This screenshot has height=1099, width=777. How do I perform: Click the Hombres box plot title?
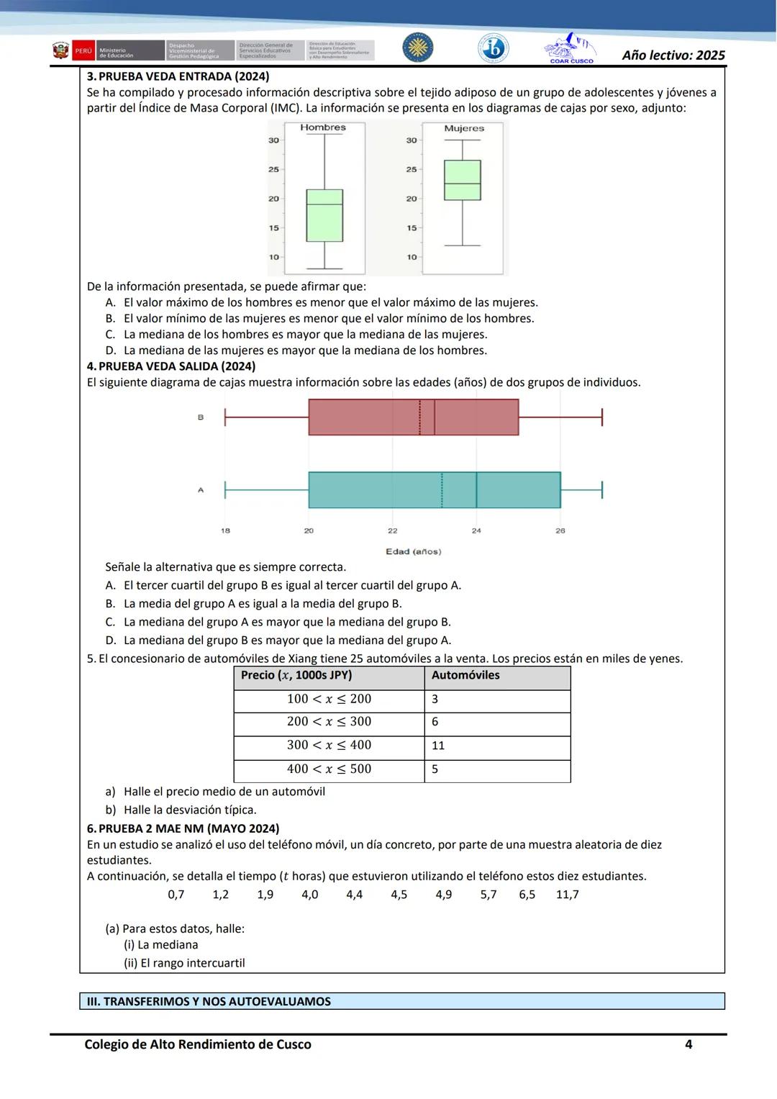click(x=323, y=127)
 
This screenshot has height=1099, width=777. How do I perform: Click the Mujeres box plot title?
click(x=464, y=128)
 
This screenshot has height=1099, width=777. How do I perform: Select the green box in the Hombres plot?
click(x=324, y=215)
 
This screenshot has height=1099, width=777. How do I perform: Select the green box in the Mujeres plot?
click(x=463, y=180)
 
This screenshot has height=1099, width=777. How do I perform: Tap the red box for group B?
click(x=414, y=417)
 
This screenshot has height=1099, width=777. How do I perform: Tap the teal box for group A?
click(x=435, y=490)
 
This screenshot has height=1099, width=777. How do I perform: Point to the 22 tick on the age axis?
click(x=393, y=530)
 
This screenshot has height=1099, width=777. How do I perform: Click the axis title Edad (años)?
click(x=414, y=551)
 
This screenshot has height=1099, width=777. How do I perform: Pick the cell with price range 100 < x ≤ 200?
click(x=329, y=699)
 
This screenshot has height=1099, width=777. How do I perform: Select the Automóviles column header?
click(x=465, y=675)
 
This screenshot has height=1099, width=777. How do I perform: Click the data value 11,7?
click(x=567, y=895)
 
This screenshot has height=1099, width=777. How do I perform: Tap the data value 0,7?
click(x=176, y=895)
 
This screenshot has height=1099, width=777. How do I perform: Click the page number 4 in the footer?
click(x=689, y=1044)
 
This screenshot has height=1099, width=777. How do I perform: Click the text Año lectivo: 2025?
click(x=673, y=55)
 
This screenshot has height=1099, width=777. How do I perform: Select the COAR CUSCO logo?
click(x=571, y=49)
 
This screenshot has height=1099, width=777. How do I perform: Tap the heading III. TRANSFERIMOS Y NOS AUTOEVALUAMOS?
click(x=209, y=1001)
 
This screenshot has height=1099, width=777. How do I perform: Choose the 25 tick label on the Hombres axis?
click(x=273, y=170)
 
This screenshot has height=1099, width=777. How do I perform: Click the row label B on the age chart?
click(x=201, y=417)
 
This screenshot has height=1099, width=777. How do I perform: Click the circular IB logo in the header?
click(x=494, y=48)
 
